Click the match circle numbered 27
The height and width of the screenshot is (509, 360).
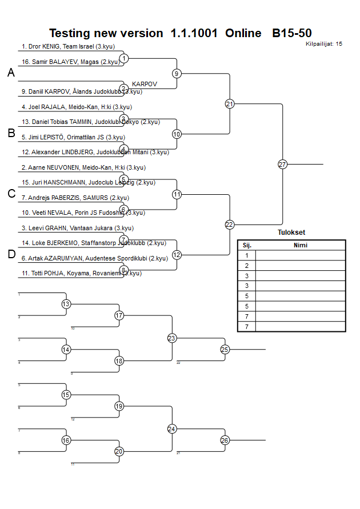click(282, 165)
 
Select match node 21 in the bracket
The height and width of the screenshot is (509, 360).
click(230, 104)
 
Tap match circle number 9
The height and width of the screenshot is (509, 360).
click(177, 74)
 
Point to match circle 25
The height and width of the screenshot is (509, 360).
click(225, 350)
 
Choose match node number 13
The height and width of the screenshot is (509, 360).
click(66, 304)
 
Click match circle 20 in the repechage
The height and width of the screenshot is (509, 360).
click(119, 451)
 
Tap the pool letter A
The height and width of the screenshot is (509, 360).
click(11, 73)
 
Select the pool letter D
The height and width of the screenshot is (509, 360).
click(11, 255)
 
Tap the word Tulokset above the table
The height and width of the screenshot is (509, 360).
click(291, 233)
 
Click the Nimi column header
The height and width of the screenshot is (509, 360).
click(300, 245)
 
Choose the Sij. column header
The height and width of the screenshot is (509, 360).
click(247, 245)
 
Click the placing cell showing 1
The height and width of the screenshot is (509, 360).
click(247, 255)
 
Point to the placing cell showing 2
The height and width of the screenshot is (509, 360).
click(247, 266)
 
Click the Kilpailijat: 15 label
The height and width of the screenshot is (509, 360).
click(324, 43)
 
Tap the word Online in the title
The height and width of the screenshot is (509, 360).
click(243, 33)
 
